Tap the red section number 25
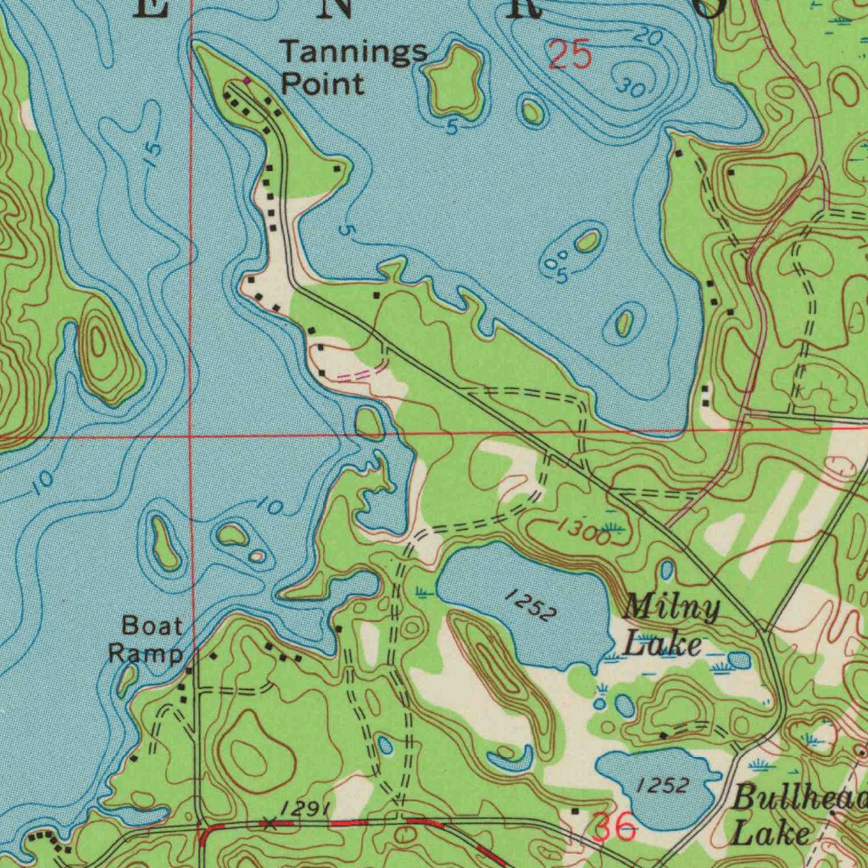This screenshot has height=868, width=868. (x=569, y=56)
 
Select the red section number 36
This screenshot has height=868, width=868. (x=615, y=827)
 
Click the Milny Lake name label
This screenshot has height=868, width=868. (x=670, y=626)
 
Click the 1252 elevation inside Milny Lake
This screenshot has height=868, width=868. (x=531, y=606)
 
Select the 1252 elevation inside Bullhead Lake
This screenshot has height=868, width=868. (x=662, y=786)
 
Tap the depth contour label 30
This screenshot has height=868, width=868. (x=630, y=86)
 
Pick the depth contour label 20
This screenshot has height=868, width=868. (x=648, y=37)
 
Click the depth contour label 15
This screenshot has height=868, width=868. (x=151, y=154)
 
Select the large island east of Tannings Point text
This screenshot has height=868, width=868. (x=456, y=82)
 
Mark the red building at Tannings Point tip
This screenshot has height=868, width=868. (x=247, y=81)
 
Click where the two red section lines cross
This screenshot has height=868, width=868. (x=192, y=436)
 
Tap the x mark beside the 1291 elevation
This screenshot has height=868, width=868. (x=269, y=822)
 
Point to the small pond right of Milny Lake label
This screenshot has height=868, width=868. (x=739, y=659)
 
